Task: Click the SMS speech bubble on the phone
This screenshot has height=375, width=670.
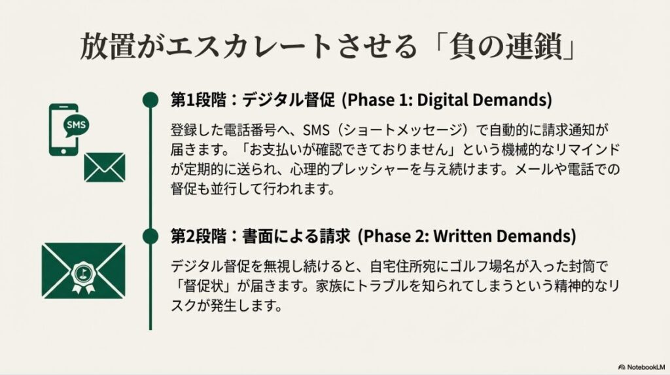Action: (x=77, y=125)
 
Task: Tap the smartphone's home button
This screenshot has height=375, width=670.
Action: (x=63, y=151)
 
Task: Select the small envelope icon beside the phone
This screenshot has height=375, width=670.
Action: (x=105, y=167)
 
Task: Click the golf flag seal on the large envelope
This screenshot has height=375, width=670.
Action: (x=84, y=274)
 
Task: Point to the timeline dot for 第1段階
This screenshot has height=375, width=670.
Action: (x=150, y=99)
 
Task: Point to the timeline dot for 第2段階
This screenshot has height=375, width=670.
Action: (x=150, y=236)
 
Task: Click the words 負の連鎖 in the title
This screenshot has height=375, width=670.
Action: (x=506, y=46)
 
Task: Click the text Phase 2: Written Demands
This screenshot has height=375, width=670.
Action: (x=467, y=236)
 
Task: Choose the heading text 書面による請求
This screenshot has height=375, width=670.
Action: (x=296, y=236)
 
